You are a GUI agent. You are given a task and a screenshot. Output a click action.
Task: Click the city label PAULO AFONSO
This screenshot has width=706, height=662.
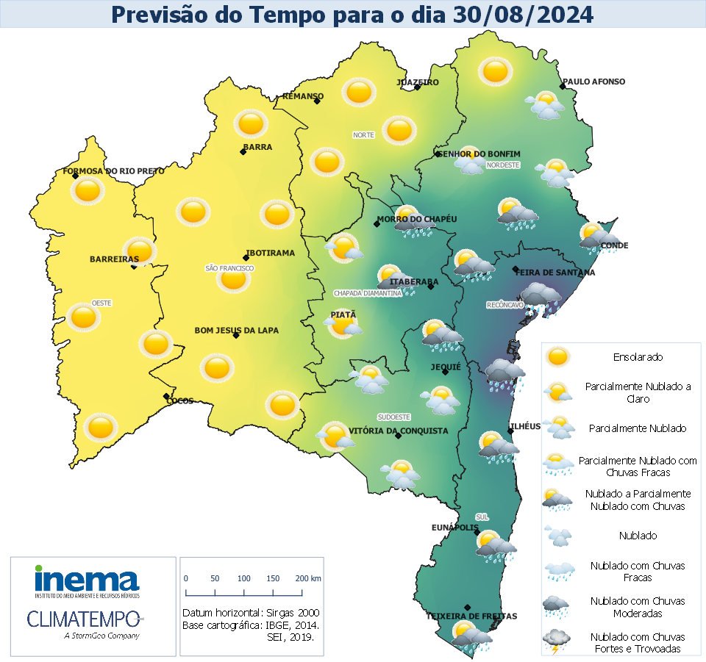click(593, 82)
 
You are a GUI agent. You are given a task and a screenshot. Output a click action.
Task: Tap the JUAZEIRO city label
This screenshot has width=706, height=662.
click(418, 82)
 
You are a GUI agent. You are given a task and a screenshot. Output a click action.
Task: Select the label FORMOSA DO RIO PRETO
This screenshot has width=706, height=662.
click(114, 171)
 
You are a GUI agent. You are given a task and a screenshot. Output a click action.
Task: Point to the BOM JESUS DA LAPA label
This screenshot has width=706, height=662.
click(236, 331)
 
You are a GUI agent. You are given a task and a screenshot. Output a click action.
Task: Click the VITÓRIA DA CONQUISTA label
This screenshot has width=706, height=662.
click(398, 431)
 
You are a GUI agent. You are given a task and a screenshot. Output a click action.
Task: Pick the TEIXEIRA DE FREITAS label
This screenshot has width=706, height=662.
click(471, 616)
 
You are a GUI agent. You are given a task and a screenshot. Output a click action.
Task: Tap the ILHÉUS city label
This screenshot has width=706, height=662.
click(525, 426)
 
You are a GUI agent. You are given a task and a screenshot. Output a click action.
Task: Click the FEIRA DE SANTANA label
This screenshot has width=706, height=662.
click(555, 273)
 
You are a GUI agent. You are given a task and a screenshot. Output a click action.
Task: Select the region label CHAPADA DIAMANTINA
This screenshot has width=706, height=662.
click(368, 293)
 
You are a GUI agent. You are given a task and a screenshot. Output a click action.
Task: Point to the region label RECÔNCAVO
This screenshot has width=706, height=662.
click(504, 304)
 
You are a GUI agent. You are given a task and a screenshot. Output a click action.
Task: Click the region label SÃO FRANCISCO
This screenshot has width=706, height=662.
click(229, 269)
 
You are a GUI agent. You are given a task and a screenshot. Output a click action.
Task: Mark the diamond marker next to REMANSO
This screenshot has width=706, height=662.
click(317, 101)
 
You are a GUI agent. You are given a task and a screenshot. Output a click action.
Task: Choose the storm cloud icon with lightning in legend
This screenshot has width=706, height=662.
click(557, 641)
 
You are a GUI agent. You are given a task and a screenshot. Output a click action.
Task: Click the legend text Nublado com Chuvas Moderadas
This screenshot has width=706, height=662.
click(637, 607)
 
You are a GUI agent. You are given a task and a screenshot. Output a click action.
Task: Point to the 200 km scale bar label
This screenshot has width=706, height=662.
click(306, 579)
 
